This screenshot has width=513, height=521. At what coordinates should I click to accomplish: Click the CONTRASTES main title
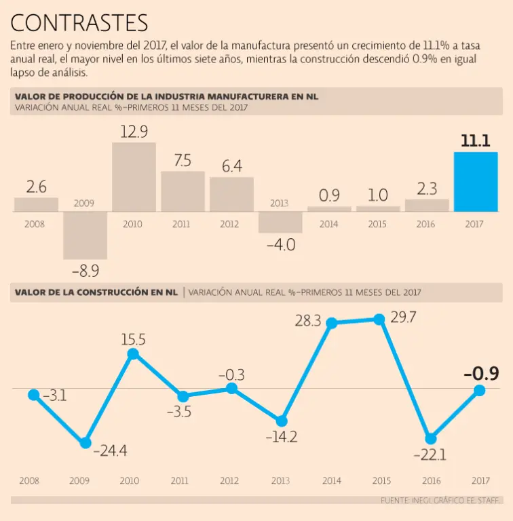(79, 23)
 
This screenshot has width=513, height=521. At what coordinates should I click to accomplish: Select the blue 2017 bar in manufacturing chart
(476, 182)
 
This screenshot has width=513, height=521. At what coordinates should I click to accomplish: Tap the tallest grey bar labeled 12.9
(134, 177)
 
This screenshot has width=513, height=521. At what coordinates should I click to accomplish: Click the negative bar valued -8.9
(85, 235)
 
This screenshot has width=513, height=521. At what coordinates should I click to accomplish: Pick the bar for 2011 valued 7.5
(183, 191)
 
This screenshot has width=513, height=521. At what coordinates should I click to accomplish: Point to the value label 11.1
(476, 141)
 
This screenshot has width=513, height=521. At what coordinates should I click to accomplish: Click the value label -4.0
(280, 245)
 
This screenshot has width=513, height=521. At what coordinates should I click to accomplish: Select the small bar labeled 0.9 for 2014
(329, 209)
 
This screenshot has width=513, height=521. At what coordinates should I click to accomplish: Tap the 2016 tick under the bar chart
(426, 223)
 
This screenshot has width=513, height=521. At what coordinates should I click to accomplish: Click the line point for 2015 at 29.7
(379, 319)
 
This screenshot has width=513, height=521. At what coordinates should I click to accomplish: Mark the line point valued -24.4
(85, 442)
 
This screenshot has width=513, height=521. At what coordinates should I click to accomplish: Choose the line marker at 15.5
(133, 353)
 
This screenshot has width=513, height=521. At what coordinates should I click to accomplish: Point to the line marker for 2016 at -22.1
(430, 438)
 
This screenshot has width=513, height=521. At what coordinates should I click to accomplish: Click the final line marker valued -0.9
(479, 390)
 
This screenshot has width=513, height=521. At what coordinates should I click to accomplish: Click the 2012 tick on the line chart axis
(229, 481)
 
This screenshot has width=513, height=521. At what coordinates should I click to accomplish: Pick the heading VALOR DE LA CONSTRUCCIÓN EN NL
(96, 292)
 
